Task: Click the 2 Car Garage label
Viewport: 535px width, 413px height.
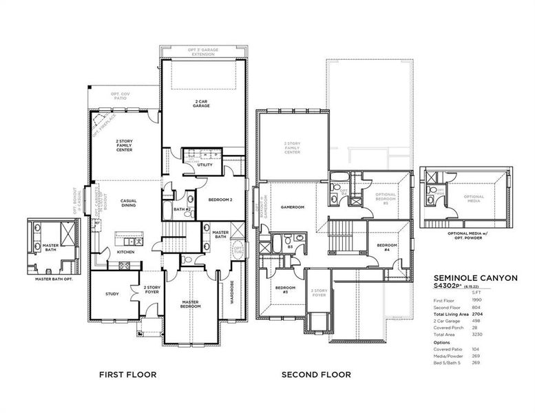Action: coord(202,105)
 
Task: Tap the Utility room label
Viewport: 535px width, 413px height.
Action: coord(204,165)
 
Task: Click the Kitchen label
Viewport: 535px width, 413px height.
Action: coord(125,252)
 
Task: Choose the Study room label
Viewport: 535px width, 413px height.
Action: coord(112,294)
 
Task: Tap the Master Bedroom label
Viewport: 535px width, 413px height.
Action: coord(191,304)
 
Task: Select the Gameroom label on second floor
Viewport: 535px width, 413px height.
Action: coord(293,206)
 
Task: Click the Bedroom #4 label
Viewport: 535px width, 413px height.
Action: coord(386,248)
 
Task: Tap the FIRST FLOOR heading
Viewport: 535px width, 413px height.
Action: coord(127,375)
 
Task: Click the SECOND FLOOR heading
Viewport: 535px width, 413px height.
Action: coord(316,375)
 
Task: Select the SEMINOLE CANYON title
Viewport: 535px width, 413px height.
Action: coord(474,277)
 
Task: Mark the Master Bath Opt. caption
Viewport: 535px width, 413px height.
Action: coord(54,279)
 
